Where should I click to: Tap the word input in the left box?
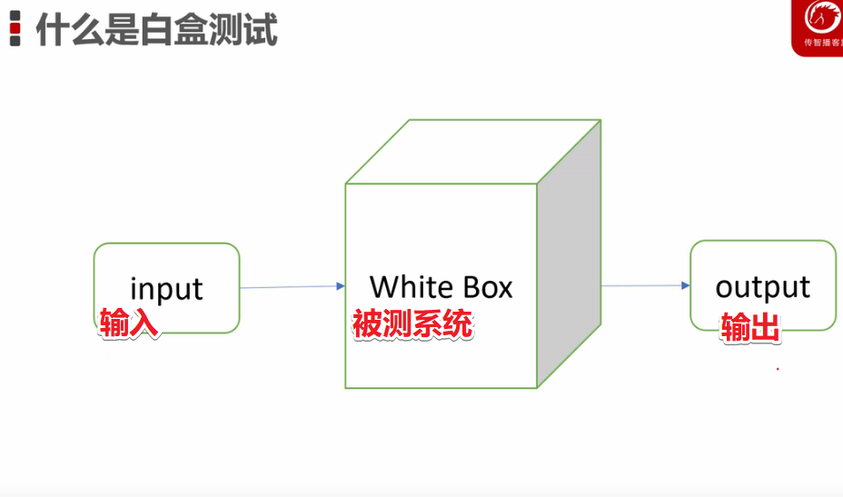[166, 289]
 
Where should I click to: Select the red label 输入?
[129, 323]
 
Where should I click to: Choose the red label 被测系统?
[412, 324]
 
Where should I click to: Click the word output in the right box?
[762, 287]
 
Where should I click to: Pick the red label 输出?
[750, 328]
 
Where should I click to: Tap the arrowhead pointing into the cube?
[340, 286]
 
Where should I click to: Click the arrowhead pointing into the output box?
[686, 285]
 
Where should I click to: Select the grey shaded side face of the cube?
[569, 254]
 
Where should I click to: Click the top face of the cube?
[472, 152]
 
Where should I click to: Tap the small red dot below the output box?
[778, 369]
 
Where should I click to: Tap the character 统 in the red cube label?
[460, 324]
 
